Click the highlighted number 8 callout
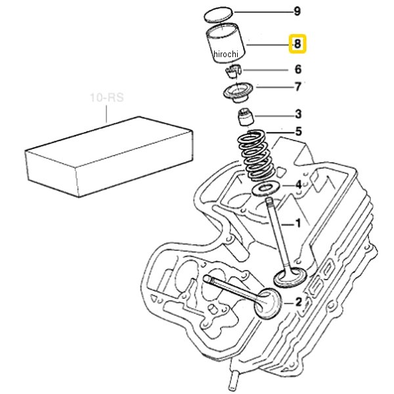tap(297, 44)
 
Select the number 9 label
tap(297, 11)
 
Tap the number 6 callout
tap(297, 70)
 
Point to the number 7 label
tap(297, 87)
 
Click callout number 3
tap(298, 114)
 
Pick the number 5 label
tap(298, 131)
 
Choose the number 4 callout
tap(298, 185)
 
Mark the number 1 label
tap(298, 223)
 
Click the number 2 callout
tap(298, 302)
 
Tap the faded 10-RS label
tap(107, 97)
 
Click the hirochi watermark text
tap(226, 54)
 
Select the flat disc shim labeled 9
tap(217, 14)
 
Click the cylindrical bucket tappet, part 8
tap(225, 43)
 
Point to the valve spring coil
tap(256, 155)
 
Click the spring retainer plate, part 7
tap(238, 93)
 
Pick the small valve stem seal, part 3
tap(246, 117)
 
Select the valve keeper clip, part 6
tap(233, 72)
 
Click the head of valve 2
tap(268, 304)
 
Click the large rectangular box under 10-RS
tap(109, 157)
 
